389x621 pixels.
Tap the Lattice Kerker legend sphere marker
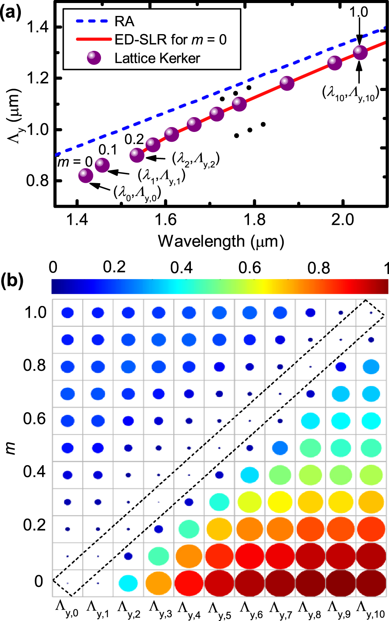pyautogui.click(x=94, y=58)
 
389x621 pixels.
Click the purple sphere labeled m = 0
pyautogui.click(x=86, y=176)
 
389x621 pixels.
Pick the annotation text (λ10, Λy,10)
pyautogui.click(x=351, y=93)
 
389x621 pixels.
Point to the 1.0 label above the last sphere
pyautogui.click(x=359, y=13)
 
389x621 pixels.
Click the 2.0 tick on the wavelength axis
pyautogui.click(x=343, y=220)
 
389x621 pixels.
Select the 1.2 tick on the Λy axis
pyautogui.click(x=38, y=78)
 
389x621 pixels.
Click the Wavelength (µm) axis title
pyautogui.click(x=221, y=241)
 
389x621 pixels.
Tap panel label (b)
pyautogui.click(x=12, y=281)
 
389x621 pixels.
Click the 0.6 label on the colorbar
pyautogui.click(x=249, y=268)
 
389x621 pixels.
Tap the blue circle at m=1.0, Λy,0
pyautogui.click(x=68, y=313)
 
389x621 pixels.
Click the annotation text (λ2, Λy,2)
pyautogui.click(x=196, y=159)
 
